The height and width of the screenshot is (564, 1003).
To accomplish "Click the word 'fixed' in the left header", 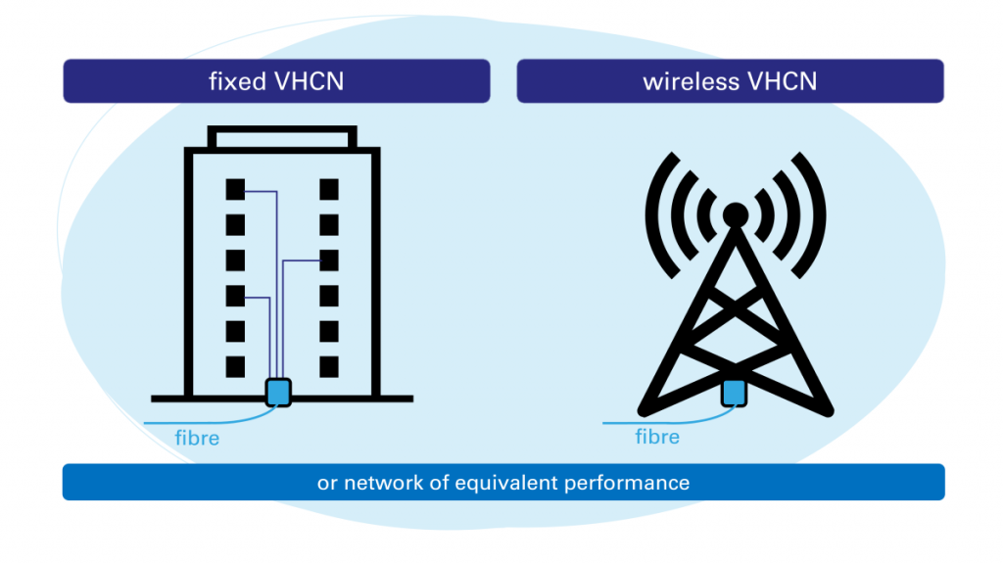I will [x=234, y=81].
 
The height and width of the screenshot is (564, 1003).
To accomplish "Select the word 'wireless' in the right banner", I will [x=692, y=81].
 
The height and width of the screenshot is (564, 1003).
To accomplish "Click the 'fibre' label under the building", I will [x=197, y=438].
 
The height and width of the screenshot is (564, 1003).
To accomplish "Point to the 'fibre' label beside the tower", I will [x=657, y=436].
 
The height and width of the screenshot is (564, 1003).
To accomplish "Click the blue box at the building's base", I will [x=279, y=392].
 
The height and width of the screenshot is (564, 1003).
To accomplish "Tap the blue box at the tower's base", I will [x=735, y=393].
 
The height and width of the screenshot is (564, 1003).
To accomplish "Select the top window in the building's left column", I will [x=235, y=188].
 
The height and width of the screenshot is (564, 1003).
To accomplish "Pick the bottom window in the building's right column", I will [x=329, y=367].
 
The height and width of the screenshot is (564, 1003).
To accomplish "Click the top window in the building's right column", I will [x=329, y=188].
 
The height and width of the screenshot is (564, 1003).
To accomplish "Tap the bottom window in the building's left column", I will [x=235, y=367].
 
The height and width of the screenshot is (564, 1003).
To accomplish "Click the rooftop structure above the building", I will [x=282, y=137].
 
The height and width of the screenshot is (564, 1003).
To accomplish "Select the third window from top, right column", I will [x=329, y=259].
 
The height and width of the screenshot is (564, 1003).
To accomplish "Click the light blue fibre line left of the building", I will [x=186, y=422].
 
